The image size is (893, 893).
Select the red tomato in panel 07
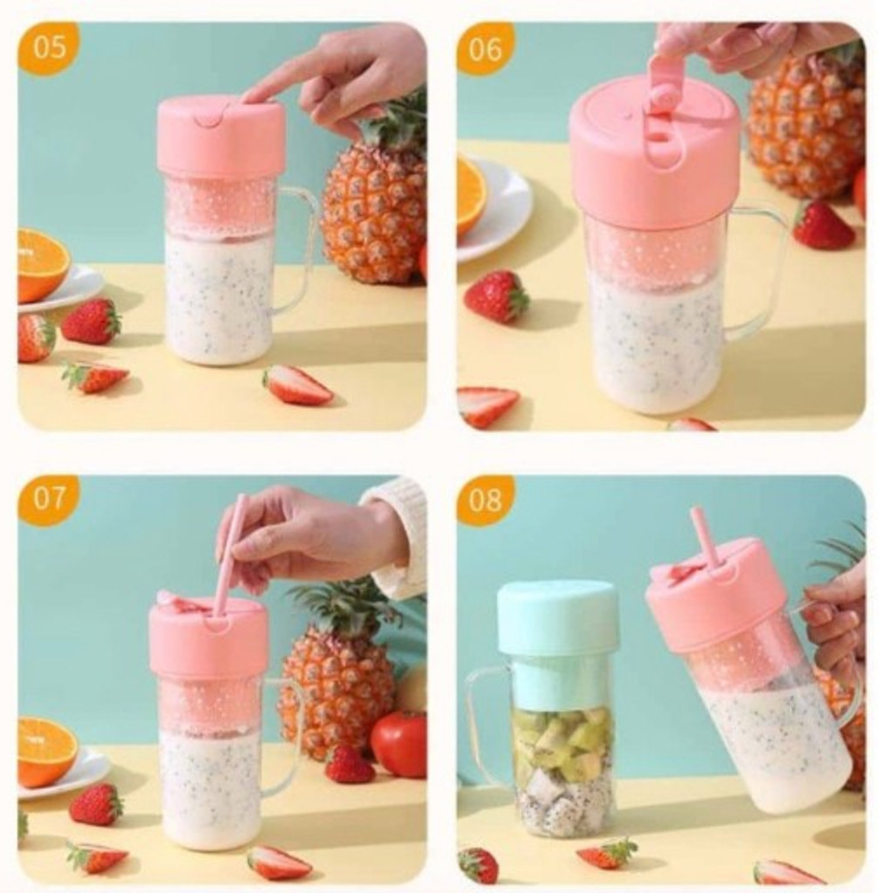coord(399,743)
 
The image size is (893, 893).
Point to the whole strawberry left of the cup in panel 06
coord(496,297)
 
